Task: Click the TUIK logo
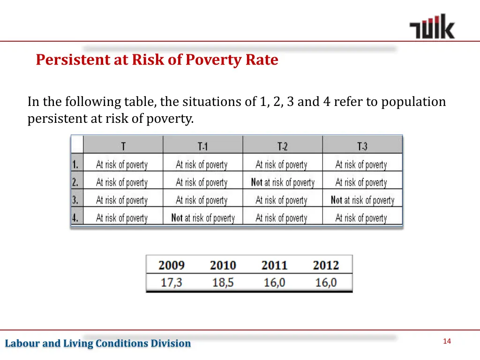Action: click(x=432, y=27)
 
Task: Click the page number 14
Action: click(x=446, y=341)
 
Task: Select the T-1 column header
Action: click(x=202, y=146)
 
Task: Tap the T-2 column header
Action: click(x=282, y=146)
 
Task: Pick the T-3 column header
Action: click(x=362, y=146)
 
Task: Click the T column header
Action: click(x=123, y=146)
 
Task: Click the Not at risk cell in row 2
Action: click(x=283, y=182)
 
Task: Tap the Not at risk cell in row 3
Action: click(x=362, y=200)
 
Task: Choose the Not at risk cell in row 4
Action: click(x=203, y=218)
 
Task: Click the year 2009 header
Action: click(x=172, y=265)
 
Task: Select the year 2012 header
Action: click(x=326, y=265)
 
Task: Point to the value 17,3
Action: click(x=172, y=283)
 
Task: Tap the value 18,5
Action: click(x=223, y=283)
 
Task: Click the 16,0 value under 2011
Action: click(x=274, y=283)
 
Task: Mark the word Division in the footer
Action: click(x=171, y=344)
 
